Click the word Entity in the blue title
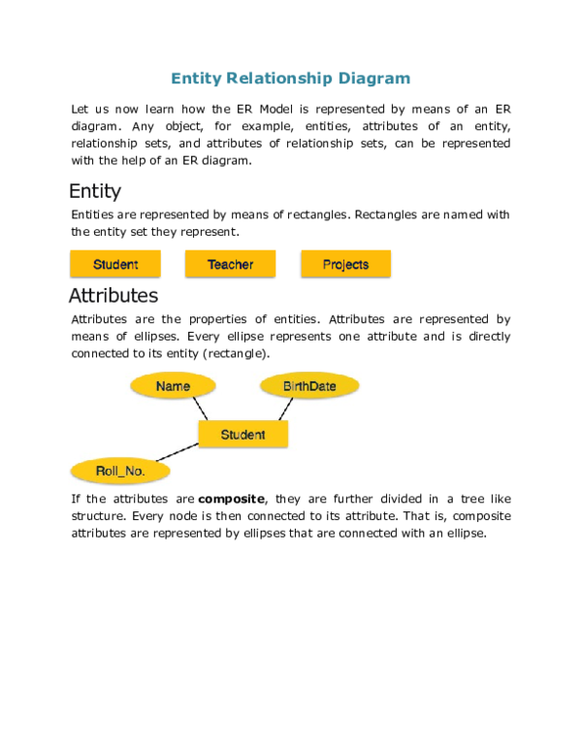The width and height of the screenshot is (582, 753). pyautogui.click(x=197, y=79)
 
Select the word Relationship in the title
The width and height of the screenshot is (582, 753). pyautogui.click(x=280, y=79)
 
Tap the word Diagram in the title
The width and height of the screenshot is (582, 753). pyautogui.click(x=374, y=79)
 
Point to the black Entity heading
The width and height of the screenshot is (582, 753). pyautogui.click(x=95, y=191)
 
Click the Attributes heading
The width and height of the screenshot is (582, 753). pyautogui.click(x=113, y=296)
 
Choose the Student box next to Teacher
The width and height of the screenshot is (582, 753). pyautogui.click(x=115, y=264)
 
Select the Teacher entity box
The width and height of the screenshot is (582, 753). pyautogui.click(x=231, y=264)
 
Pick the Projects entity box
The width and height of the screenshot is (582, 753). pyautogui.click(x=346, y=264)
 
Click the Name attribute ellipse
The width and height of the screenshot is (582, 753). pyautogui.click(x=173, y=386)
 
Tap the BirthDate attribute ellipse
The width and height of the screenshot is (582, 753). pyautogui.click(x=309, y=386)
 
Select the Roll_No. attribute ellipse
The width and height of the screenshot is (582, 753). pyautogui.click(x=120, y=472)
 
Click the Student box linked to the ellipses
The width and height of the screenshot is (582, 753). pyautogui.click(x=242, y=435)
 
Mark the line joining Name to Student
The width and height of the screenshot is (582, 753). pyautogui.click(x=200, y=409)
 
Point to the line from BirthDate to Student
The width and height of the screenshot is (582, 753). pyautogui.click(x=286, y=409)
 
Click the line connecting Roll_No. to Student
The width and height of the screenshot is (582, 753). pyautogui.click(x=178, y=452)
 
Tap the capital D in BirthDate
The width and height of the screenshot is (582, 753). pyautogui.click(x=313, y=386)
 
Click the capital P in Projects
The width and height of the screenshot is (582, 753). pyautogui.click(x=327, y=264)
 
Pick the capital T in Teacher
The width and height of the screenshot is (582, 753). pyautogui.click(x=210, y=264)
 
